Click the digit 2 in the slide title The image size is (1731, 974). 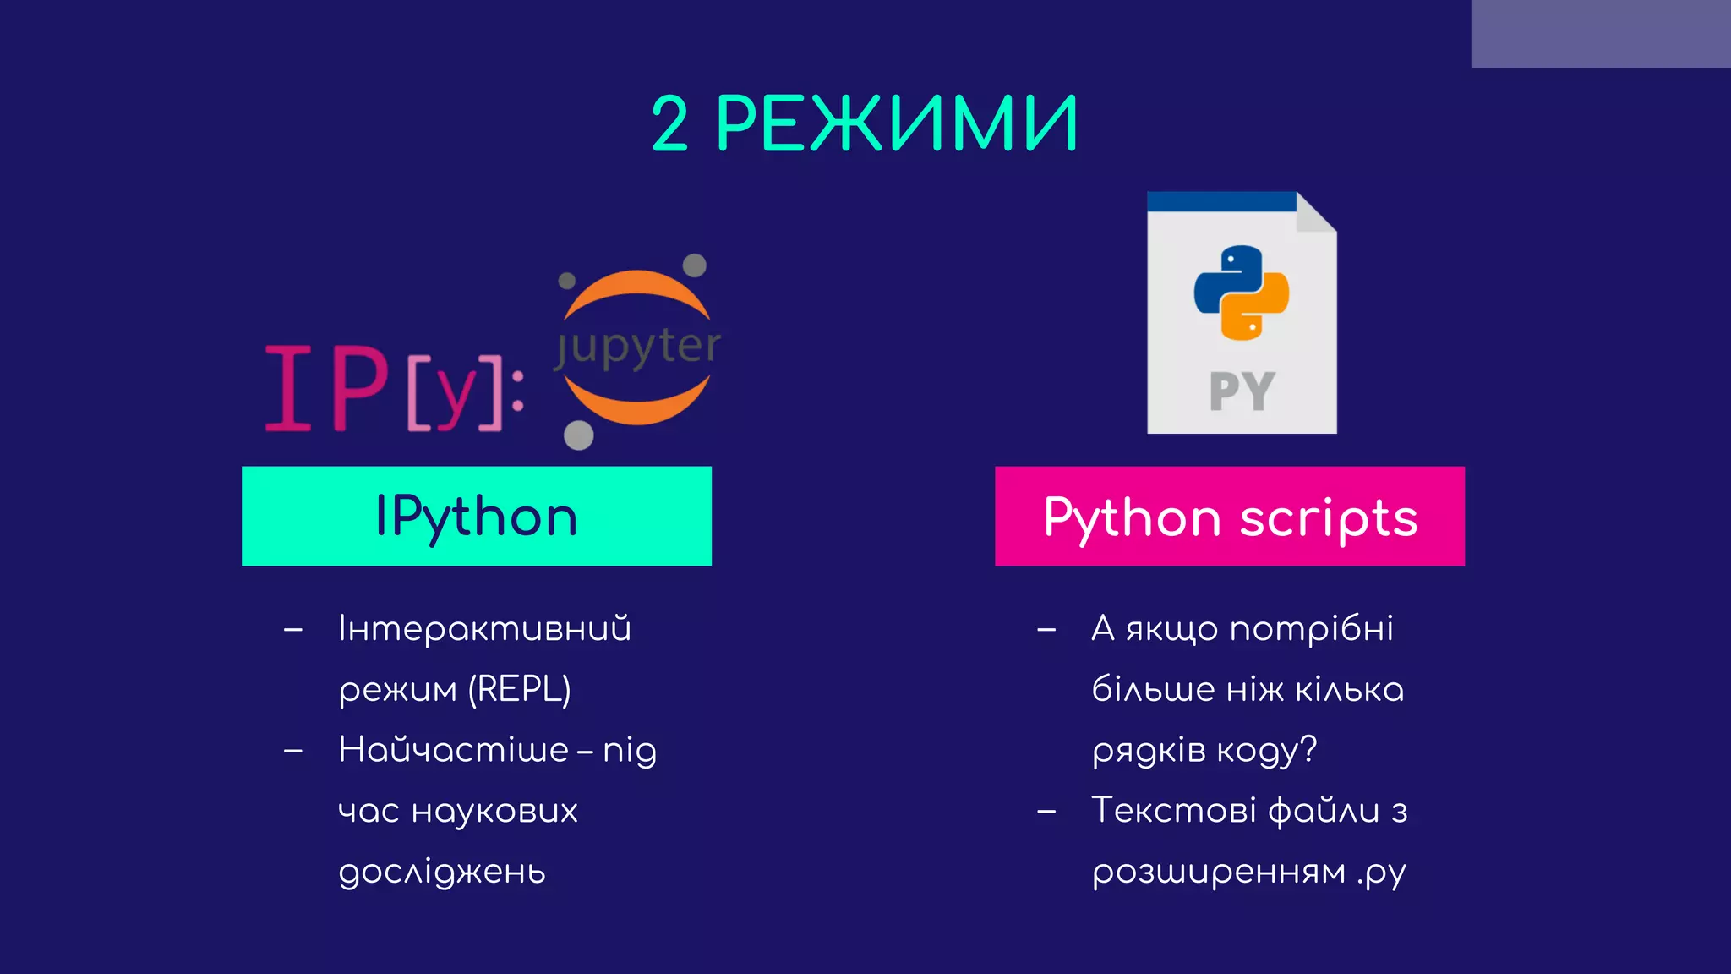670,124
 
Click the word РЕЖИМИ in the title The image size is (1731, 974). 897,124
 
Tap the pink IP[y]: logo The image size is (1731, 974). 393,389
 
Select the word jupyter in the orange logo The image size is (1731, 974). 638,347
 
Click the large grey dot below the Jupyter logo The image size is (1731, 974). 579,435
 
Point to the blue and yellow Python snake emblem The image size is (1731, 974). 1241,293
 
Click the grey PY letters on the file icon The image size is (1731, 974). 1241,391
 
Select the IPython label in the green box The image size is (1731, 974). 476,517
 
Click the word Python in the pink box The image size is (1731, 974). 1132,517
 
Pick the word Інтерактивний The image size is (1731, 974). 484,629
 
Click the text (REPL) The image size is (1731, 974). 520,689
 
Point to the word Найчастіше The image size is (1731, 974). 453,750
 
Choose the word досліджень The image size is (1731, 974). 442,872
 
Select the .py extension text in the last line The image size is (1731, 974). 1381,872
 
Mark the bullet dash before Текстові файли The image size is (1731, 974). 1046,812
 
